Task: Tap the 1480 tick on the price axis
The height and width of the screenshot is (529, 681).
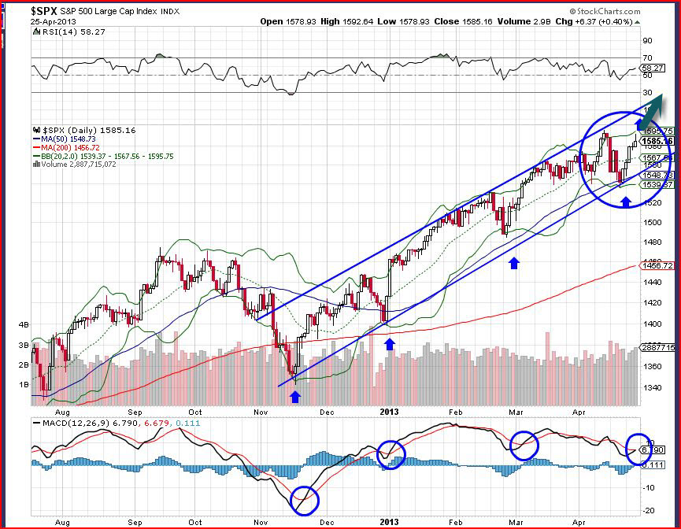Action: [653, 242]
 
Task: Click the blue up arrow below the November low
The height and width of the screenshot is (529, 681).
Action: [294, 397]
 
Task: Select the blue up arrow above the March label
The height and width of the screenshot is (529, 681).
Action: [514, 262]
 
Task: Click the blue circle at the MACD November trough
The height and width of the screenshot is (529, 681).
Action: [305, 499]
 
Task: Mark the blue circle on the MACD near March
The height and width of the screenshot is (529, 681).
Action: [523, 445]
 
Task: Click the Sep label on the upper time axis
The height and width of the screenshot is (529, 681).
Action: [136, 412]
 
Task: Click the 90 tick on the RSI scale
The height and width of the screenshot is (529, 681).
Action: [647, 40]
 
